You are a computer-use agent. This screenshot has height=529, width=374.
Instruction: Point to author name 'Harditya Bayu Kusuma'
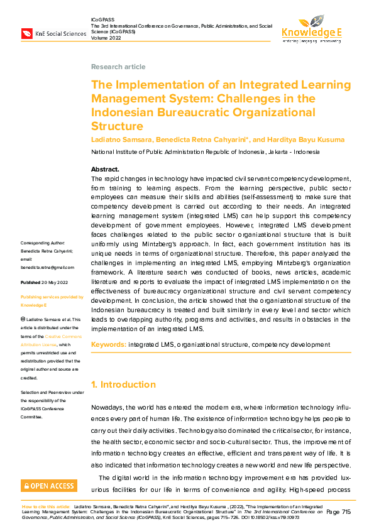[300, 139]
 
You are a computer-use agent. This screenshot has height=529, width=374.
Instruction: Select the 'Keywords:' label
[109, 344]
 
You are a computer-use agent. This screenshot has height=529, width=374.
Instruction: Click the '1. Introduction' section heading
[123, 384]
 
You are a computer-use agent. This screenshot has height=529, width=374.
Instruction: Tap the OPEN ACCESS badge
[50, 486]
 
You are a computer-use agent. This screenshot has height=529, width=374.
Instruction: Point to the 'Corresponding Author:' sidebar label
[47, 243]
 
